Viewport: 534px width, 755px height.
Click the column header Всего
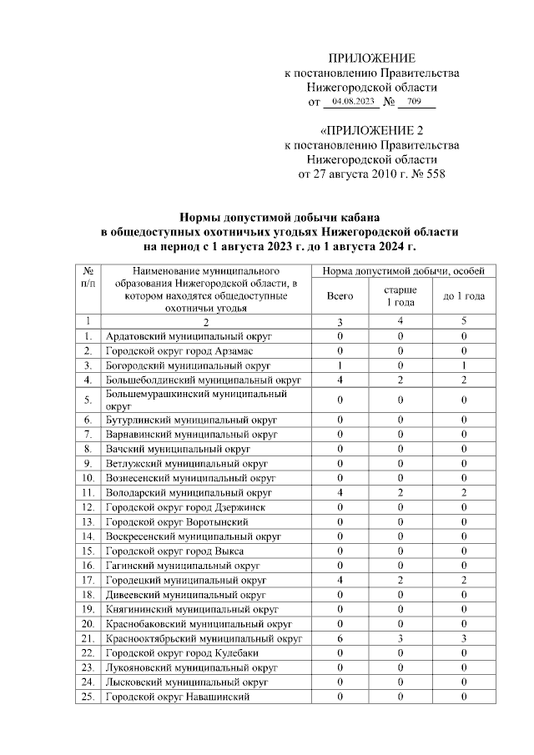340,295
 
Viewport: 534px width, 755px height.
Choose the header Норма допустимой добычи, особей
401,272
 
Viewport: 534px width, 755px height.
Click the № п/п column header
88,278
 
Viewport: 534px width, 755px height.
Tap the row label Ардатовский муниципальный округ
189,336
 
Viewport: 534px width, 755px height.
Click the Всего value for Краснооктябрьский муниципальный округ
340,638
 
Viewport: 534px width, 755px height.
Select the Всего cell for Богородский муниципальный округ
340,366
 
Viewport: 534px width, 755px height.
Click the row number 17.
88,578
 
